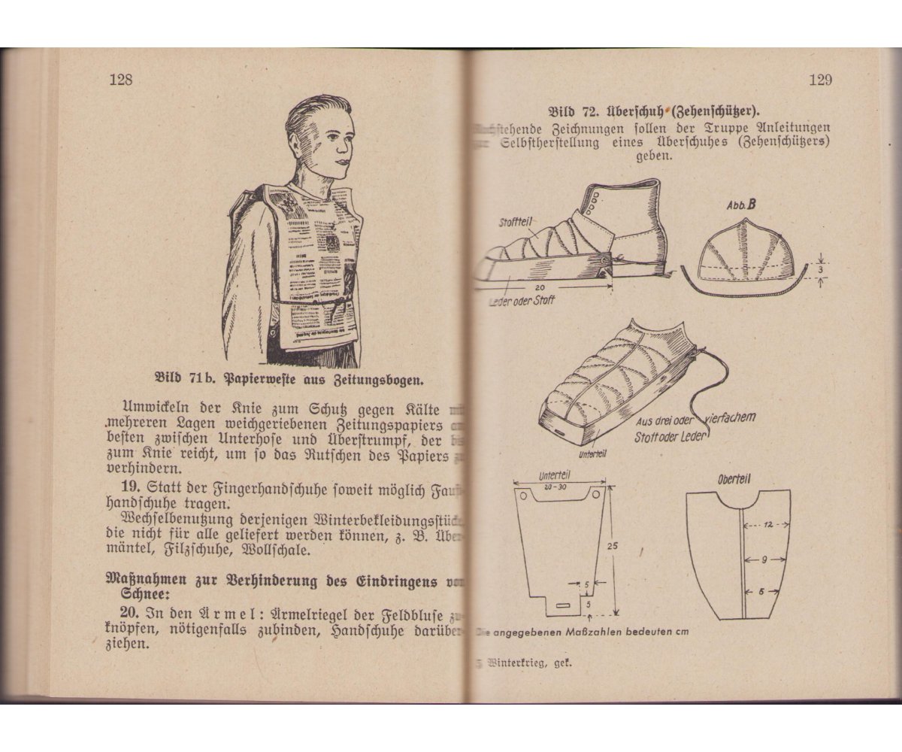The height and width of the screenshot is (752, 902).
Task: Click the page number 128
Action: pyautogui.click(x=120, y=80)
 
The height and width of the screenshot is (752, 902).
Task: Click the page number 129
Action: pyautogui.click(x=820, y=80)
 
